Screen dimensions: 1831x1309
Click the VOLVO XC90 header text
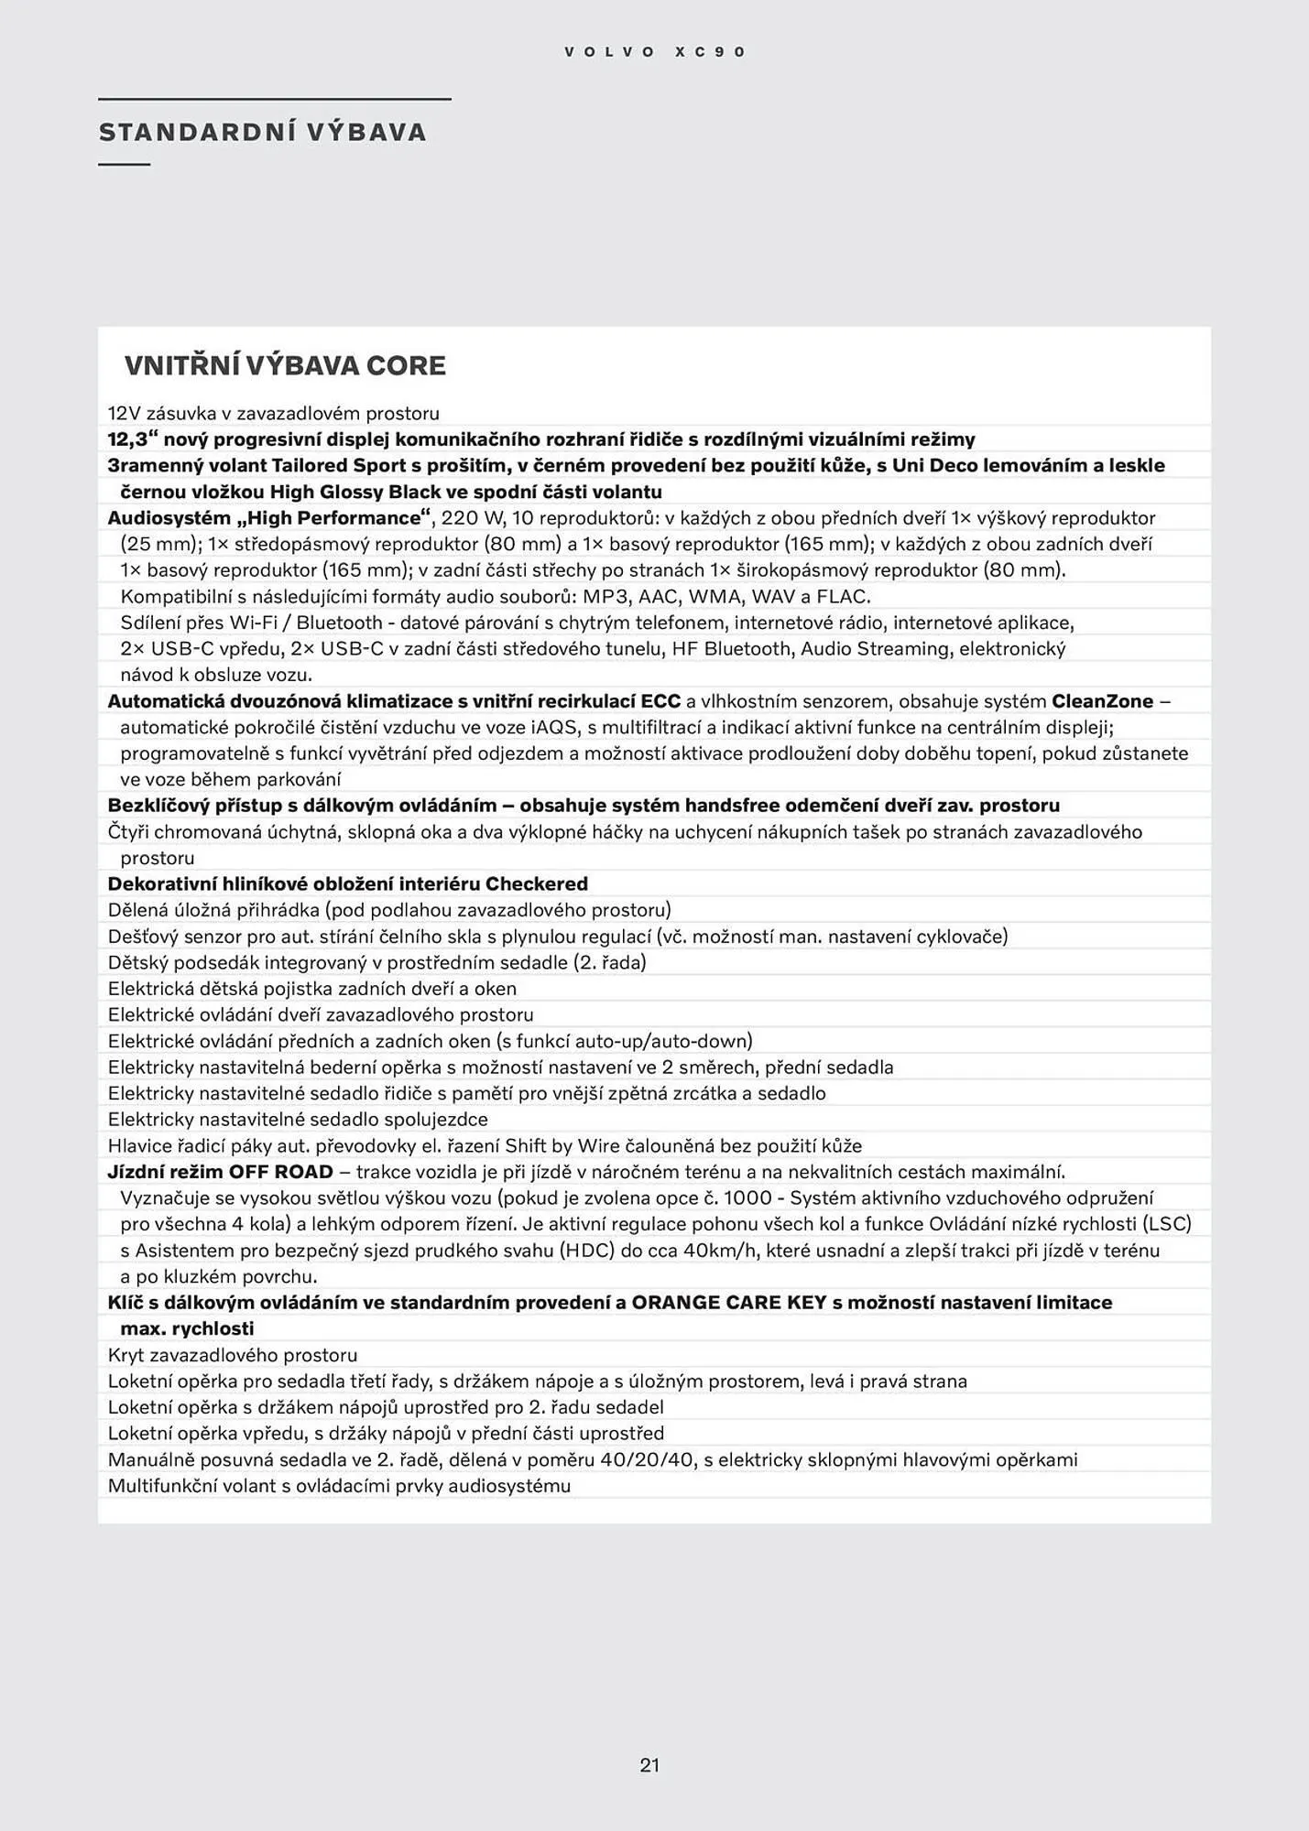point(655,52)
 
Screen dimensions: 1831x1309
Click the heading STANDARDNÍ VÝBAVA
point(263,133)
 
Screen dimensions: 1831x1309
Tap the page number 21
point(649,1765)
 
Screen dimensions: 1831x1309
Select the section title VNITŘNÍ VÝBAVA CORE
point(285,366)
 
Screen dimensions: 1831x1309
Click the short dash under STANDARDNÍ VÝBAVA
point(124,165)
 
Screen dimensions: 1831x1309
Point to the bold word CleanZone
point(1102,701)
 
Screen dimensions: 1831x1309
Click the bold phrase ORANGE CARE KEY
point(729,1303)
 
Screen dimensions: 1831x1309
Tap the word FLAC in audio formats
point(842,597)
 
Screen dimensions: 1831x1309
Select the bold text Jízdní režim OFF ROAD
point(220,1172)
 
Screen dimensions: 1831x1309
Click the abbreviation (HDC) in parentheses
point(587,1251)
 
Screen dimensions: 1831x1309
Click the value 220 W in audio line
point(471,518)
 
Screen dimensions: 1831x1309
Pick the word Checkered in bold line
point(536,884)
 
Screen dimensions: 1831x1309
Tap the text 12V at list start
point(123,414)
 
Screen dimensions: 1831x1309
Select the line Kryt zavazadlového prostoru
point(233,1355)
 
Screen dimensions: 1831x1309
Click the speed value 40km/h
point(719,1251)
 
